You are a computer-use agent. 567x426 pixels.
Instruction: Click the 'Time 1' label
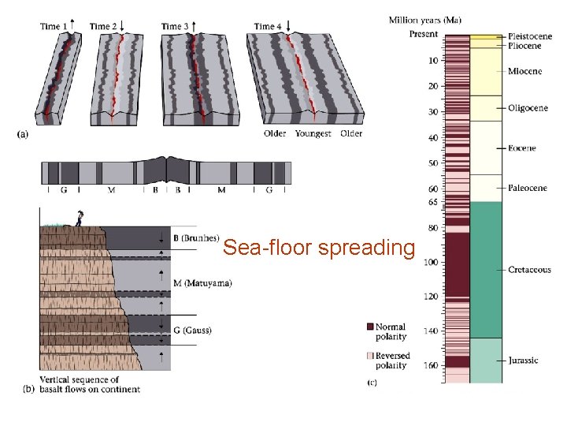[53, 26]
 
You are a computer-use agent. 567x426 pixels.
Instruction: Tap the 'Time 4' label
[267, 26]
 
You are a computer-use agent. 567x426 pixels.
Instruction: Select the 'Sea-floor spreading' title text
[318, 248]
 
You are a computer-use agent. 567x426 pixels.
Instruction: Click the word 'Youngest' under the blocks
[313, 134]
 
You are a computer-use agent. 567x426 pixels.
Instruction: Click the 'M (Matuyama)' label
[202, 283]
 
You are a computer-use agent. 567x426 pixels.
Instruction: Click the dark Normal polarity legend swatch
[370, 327]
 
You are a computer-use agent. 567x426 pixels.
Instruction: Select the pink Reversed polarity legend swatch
[370, 356]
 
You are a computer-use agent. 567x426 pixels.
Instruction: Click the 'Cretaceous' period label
[529, 270]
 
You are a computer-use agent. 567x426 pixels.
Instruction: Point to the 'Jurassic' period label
[523, 361]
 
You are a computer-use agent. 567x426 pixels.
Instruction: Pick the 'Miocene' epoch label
[524, 72]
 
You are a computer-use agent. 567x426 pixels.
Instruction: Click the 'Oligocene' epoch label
[528, 108]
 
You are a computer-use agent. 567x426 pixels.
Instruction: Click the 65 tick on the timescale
[432, 203]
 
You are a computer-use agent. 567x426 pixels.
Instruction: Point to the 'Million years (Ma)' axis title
[425, 19]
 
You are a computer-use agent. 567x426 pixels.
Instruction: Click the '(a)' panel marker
[23, 134]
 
